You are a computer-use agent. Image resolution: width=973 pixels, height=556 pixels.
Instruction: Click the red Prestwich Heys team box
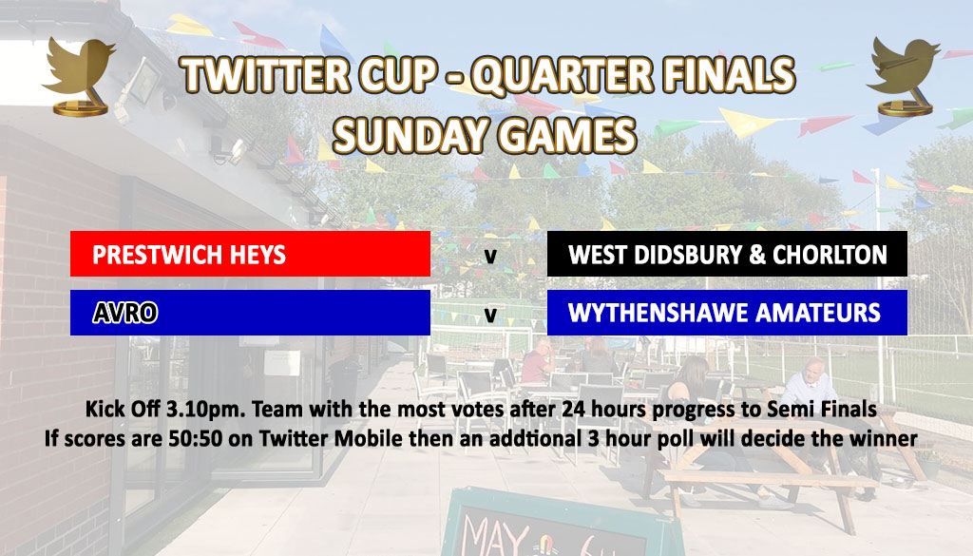(250, 254)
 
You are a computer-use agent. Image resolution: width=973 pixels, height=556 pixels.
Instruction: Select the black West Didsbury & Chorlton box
(727, 254)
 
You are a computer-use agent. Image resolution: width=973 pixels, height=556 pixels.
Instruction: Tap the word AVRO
(125, 313)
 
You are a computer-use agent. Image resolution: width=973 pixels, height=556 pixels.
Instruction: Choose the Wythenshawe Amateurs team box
(727, 313)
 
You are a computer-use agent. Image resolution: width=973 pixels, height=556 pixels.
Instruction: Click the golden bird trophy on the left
(79, 76)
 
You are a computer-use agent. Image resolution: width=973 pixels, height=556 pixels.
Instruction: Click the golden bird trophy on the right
(904, 76)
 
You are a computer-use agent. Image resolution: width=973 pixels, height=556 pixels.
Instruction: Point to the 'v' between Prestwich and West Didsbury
(490, 256)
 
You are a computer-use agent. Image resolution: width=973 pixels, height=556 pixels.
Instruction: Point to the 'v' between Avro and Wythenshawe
(490, 315)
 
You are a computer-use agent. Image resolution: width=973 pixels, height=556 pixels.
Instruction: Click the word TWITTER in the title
(264, 75)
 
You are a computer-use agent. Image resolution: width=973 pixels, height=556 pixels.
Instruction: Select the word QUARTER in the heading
(563, 75)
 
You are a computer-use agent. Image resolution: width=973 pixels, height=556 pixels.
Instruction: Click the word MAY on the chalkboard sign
(494, 536)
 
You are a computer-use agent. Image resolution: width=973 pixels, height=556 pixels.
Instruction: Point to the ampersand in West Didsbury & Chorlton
(757, 255)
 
